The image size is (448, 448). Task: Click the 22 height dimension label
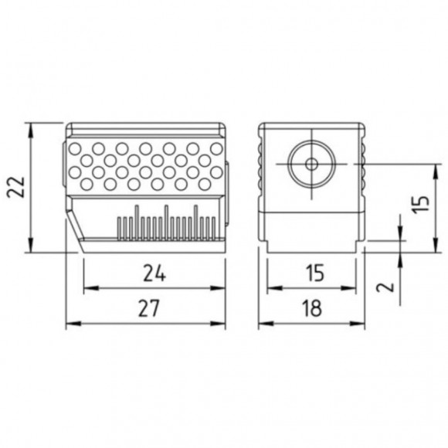click(17, 186)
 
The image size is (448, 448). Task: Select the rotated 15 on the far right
click(419, 205)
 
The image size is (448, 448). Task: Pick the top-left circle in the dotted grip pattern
click(75, 148)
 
